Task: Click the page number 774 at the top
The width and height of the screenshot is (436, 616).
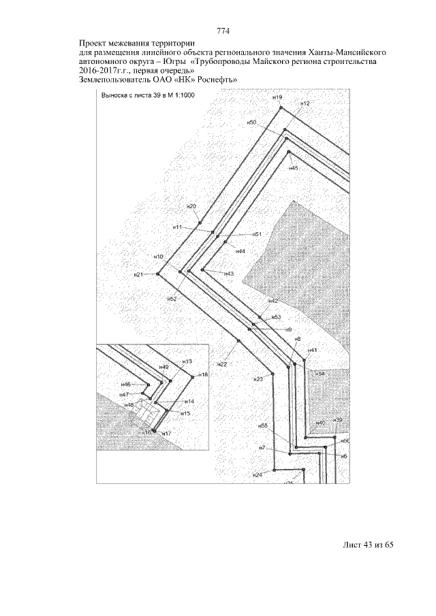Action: tap(223, 31)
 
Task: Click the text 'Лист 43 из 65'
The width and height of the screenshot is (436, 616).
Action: tap(369, 545)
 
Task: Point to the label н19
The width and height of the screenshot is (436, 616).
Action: tap(277, 98)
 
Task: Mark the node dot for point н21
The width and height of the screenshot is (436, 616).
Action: tap(158, 274)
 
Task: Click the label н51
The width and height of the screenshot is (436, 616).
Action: tap(258, 233)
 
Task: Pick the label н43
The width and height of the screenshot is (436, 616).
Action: tap(229, 274)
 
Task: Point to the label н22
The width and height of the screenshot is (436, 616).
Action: tap(223, 366)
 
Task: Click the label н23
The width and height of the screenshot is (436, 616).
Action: tap(258, 379)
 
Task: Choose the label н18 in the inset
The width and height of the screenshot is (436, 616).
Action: tap(204, 375)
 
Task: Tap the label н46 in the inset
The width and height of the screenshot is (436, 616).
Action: tap(125, 385)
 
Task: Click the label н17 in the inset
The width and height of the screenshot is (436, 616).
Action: tap(167, 433)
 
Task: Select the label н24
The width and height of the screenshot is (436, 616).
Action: tap(257, 474)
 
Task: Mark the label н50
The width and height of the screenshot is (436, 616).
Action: tap(251, 123)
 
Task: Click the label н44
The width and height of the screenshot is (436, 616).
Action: tap(240, 251)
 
